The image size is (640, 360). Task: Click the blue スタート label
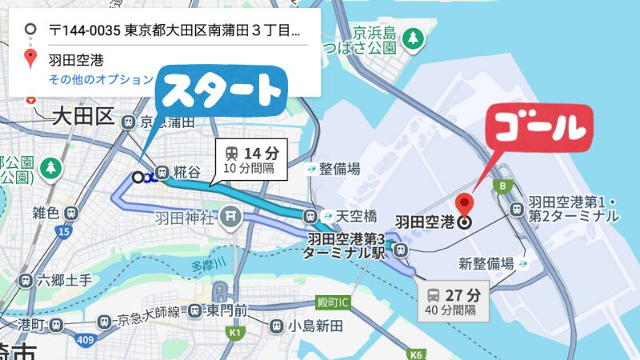pos(222,92)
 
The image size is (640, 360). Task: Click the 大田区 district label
pos(83,117)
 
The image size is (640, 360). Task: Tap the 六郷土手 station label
pos(60,281)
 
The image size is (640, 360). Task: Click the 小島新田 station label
pos(315,326)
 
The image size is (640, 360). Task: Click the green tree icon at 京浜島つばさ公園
pos(412,37)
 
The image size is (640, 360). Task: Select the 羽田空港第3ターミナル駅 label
pos(346,246)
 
